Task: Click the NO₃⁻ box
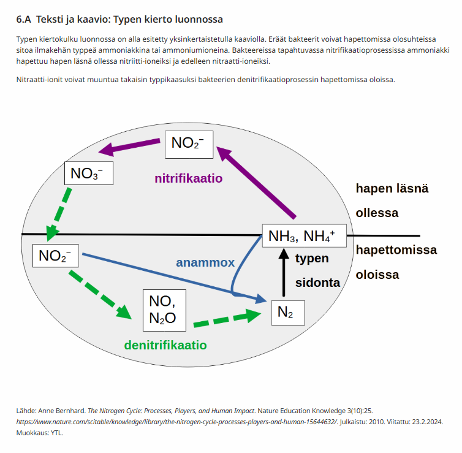(x=89, y=173)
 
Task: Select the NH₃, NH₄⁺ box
(x=304, y=235)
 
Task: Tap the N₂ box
(x=288, y=313)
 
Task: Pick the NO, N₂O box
(x=164, y=310)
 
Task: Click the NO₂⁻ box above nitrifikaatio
(x=189, y=145)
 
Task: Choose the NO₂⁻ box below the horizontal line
(x=55, y=256)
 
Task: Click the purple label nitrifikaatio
(x=189, y=178)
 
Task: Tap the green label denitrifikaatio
(x=165, y=345)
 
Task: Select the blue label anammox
(x=205, y=262)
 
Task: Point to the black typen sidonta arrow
(x=284, y=272)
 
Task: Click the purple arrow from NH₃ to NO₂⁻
(x=256, y=183)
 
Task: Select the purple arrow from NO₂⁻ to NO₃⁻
(x=129, y=147)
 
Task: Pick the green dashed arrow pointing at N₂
(x=227, y=319)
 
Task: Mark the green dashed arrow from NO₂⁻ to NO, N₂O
(x=100, y=295)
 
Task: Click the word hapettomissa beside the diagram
(x=396, y=250)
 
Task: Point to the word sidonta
(x=317, y=283)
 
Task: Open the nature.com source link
(x=176, y=422)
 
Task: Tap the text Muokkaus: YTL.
(x=39, y=433)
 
